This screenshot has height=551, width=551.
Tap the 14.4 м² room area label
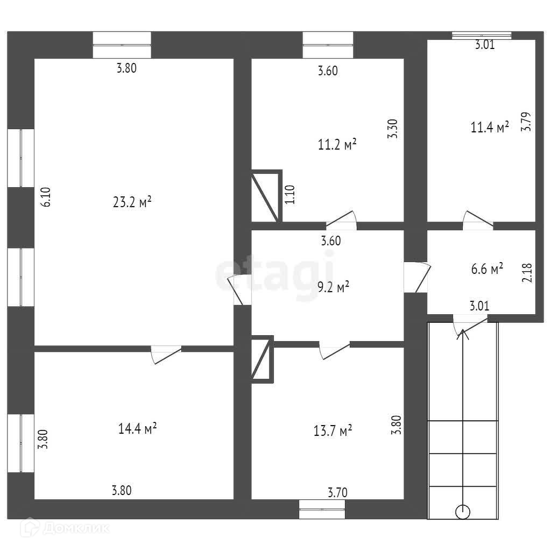pyautogui.click(x=137, y=428)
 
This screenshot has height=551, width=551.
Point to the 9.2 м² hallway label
pyautogui.click(x=334, y=287)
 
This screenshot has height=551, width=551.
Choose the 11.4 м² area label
pyautogui.click(x=490, y=128)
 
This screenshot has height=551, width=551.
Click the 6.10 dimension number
pyautogui.click(x=46, y=197)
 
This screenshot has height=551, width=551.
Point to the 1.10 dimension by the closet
pyautogui.click(x=290, y=194)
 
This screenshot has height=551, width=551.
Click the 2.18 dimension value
pyautogui.click(x=527, y=272)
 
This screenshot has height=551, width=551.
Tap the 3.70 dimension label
pyautogui.click(x=338, y=492)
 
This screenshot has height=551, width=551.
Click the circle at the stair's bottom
pyautogui.click(x=462, y=511)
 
